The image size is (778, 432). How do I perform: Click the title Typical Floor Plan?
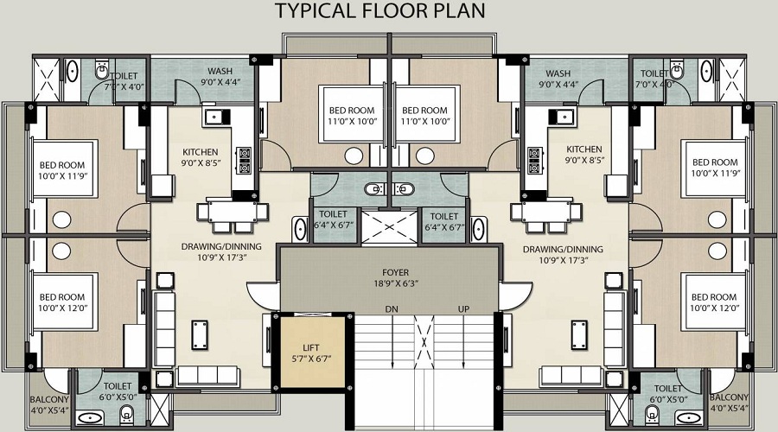380,11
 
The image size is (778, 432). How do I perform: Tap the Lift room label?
311,353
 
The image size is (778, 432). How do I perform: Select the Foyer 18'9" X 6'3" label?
395,277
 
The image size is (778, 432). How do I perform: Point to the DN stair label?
392,309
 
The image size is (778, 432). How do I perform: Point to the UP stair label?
464,309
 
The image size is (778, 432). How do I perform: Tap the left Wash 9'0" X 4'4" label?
220,77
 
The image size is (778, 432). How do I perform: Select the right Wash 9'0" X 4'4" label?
558,79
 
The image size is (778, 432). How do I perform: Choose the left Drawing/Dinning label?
221,251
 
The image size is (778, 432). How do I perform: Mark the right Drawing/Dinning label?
563,254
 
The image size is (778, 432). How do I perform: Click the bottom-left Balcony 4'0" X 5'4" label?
49,404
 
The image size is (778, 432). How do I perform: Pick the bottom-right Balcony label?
729,403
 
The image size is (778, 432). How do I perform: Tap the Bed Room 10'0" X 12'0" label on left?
62,302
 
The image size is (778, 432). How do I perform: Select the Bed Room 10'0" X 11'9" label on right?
715,168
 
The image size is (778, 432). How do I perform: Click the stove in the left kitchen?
244,161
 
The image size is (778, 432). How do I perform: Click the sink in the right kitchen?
562,117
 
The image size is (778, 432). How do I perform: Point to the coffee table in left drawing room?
200,335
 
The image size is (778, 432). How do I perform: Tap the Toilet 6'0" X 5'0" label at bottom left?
118,391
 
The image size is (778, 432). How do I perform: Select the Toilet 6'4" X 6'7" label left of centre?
334,219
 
